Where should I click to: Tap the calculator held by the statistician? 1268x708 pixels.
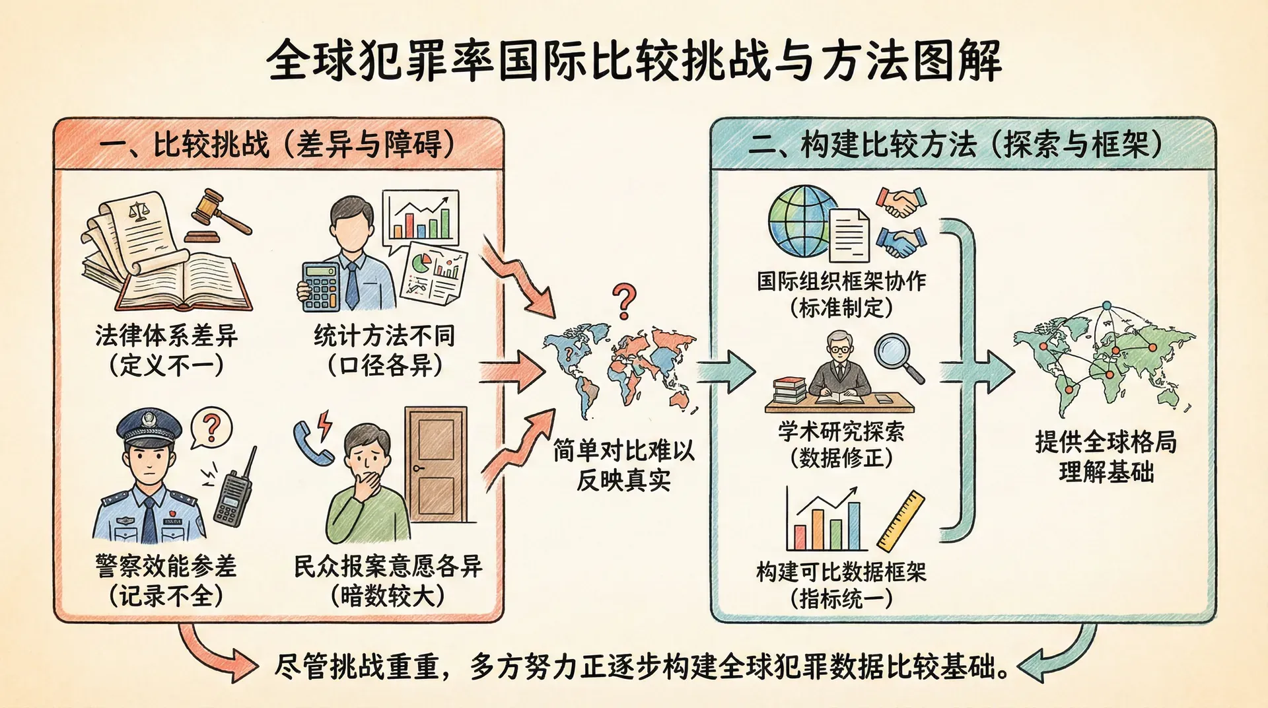[x=320, y=286]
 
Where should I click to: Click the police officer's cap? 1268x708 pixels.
[x=150, y=425]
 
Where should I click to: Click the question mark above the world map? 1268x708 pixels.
[x=624, y=301]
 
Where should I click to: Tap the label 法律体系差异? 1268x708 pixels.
[x=166, y=336]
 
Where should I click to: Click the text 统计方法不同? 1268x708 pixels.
[x=384, y=336]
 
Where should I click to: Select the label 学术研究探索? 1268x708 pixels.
[x=841, y=432]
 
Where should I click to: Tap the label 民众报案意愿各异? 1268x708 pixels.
[x=388, y=567]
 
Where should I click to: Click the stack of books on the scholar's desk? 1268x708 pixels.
[x=789, y=390]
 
